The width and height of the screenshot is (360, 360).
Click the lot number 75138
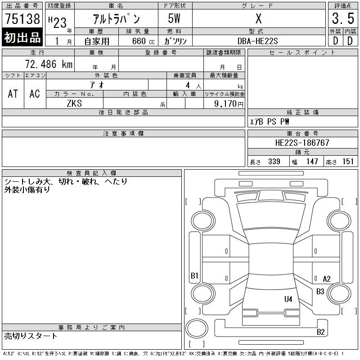point(22,18)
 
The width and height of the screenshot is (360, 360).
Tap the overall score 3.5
point(343,18)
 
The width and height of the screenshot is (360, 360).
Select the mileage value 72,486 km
point(49,64)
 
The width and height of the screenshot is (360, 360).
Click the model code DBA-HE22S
point(257,41)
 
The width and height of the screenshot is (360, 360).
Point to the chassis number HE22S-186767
point(302,143)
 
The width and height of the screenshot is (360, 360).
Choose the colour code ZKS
point(74,103)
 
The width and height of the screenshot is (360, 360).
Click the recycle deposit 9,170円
point(229,104)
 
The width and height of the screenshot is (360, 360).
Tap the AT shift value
point(13,94)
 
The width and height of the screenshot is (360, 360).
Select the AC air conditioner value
point(35,94)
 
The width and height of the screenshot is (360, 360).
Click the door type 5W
point(174,18)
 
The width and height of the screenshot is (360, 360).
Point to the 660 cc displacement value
point(143,41)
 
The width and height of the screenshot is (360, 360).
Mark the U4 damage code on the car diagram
point(288,299)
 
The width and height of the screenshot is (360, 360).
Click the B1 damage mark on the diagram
point(194,275)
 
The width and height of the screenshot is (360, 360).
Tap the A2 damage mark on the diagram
point(327,279)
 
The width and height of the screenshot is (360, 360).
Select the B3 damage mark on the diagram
point(320,292)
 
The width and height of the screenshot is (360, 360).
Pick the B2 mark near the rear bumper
point(320,332)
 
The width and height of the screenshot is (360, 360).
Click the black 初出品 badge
point(22,37)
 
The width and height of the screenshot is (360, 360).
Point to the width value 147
point(312,162)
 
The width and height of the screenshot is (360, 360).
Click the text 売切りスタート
point(31,336)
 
